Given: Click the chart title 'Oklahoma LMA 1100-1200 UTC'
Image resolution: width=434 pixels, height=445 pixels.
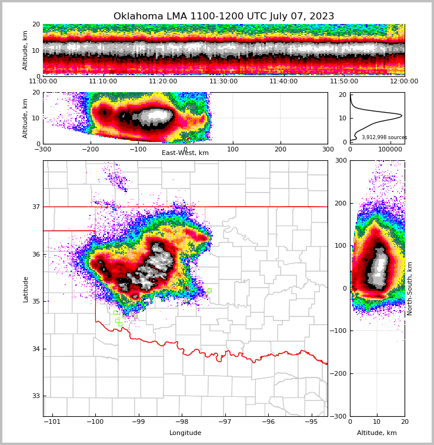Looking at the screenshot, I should point(223,16).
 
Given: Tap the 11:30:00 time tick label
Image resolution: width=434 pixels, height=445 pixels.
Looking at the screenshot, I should point(223,82).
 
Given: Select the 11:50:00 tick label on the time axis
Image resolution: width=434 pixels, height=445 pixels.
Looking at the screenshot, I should point(344,82).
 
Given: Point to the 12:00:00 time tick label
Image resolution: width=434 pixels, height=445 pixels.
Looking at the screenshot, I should point(404,82).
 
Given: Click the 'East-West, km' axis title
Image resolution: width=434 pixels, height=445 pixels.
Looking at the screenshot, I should point(185,153).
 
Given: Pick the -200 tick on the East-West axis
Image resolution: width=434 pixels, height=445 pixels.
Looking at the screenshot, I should point(91,149).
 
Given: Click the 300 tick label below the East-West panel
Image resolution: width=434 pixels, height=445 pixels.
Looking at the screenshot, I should point(328,149).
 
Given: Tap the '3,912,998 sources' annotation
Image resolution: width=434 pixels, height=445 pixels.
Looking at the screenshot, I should point(384,137).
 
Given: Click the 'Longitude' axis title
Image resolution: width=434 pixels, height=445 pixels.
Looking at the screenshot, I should point(185,433).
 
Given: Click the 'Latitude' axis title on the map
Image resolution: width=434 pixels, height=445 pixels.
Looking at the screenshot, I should point(26,289).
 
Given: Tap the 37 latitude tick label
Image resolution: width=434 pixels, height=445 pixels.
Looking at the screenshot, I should point(35,207).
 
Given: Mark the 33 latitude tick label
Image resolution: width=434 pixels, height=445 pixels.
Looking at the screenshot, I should point(35,396).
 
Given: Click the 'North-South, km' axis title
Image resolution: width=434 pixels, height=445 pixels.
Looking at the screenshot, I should point(410,289).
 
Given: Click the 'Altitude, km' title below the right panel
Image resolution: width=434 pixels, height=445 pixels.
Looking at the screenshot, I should point(377,433).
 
